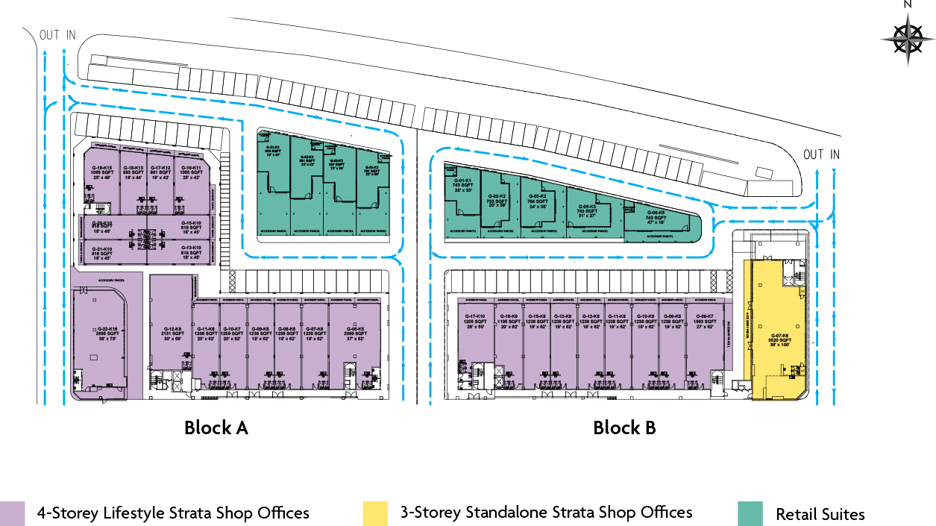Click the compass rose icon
(x=908, y=38)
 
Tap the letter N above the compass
(x=908, y=5)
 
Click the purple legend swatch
(x=13, y=513)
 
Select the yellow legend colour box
(x=375, y=513)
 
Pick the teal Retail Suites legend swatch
(x=750, y=513)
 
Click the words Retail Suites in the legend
(x=820, y=514)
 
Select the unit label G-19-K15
(x=101, y=168)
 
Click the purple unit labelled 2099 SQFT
(x=355, y=333)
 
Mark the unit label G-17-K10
(x=475, y=316)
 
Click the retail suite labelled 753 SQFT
(x=496, y=200)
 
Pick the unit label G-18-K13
(x=133, y=168)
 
